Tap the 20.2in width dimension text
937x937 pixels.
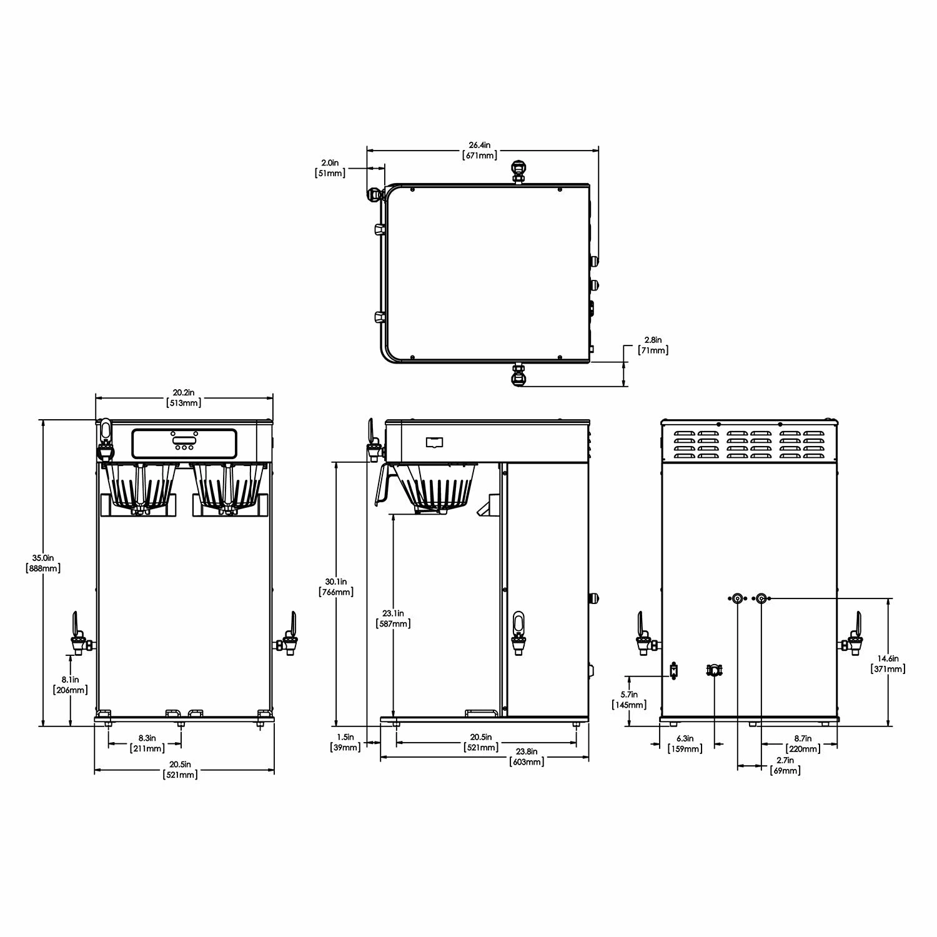[184, 398]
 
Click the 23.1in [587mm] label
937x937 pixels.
[394, 618]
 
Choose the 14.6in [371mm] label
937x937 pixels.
[888, 663]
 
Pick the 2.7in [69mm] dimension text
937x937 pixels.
[785, 765]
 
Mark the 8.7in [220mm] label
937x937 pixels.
[803, 743]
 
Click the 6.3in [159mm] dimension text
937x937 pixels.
[685, 743]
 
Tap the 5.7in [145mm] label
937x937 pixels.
[629, 700]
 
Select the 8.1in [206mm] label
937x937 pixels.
[70, 685]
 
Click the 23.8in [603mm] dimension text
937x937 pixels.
[525, 756]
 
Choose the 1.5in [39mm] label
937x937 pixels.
[345, 742]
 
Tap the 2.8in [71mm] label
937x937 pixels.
[653, 345]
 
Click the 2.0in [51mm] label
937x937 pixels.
[330, 167]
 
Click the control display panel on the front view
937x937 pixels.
[184, 443]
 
